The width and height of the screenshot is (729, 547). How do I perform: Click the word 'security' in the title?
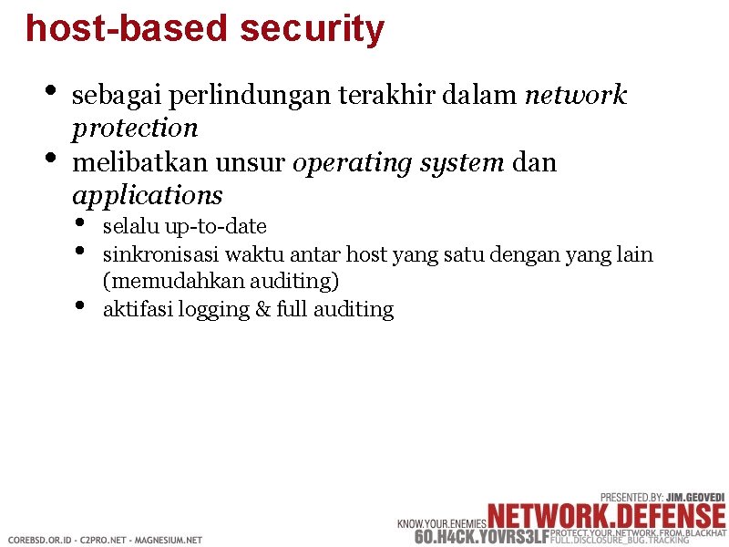313,28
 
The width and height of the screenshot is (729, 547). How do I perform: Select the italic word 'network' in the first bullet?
576,95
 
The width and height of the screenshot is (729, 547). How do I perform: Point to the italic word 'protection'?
135,129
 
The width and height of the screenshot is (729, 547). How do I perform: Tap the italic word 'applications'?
147,196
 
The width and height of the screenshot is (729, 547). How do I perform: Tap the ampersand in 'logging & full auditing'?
262,310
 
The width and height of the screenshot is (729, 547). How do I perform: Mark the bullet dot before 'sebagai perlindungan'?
49,92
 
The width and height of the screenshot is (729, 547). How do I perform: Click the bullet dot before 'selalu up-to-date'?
81,222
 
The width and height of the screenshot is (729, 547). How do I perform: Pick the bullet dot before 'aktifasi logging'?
81,305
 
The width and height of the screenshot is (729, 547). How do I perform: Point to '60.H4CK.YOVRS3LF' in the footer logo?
482,536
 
